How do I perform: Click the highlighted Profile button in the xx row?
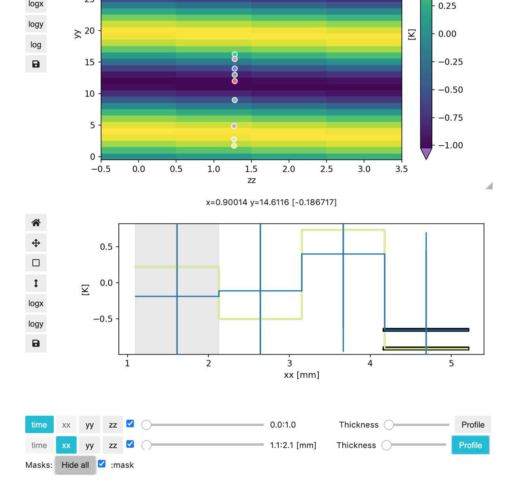click(470, 445)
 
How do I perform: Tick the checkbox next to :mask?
click(102, 464)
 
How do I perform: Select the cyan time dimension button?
click(39, 425)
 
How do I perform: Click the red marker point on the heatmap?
click(234, 81)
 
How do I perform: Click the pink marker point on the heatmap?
click(234, 59)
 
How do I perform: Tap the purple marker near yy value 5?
click(234, 126)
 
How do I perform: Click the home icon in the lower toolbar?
click(36, 222)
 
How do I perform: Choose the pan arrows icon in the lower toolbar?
click(36, 243)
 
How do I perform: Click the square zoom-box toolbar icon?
click(36, 263)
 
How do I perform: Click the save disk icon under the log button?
click(36, 64)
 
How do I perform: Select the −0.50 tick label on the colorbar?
click(450, 90)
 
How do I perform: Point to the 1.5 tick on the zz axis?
click(251, 169)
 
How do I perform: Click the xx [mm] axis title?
click(302, 375)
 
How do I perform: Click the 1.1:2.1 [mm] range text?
click(293, 445)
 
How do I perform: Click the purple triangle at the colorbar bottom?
click(426, 153)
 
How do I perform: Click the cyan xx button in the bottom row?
click(66, 445)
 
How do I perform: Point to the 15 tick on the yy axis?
click(90, 62)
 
